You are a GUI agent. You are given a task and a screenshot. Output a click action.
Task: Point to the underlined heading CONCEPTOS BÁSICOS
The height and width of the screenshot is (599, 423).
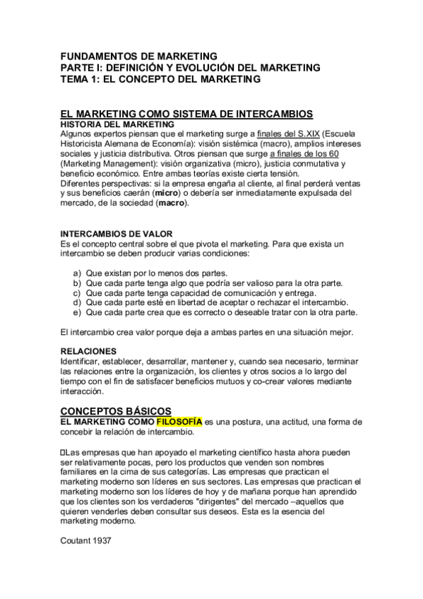(x=116, y=410)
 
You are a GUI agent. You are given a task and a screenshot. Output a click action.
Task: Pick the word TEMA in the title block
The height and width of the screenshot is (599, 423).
(x=75, y=79)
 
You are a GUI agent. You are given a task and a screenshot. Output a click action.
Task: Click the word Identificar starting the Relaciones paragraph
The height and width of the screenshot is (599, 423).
(x=82, y=361)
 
